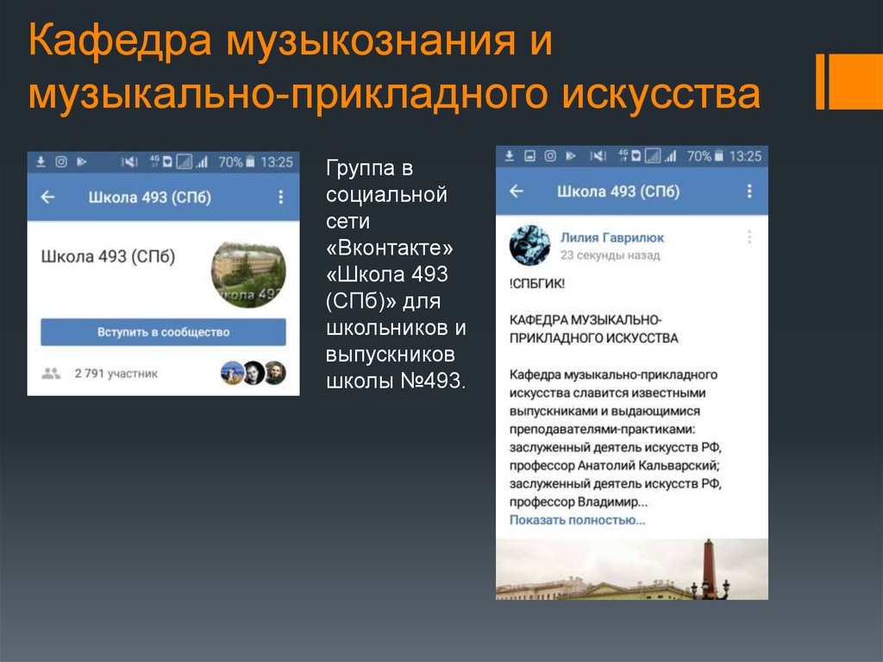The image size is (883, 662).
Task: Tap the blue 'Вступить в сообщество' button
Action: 163,332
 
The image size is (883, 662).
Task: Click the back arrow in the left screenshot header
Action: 47,198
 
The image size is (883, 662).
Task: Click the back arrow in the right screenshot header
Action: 517,192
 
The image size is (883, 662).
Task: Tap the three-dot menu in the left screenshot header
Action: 280,198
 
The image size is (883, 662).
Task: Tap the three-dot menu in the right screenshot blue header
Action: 748,192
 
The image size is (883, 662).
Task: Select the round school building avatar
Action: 248,274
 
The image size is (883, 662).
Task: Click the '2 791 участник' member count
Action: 116,374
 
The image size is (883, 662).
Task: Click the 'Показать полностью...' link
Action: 577,520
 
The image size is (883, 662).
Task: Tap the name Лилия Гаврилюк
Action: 612,237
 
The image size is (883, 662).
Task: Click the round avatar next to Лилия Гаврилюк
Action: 529,245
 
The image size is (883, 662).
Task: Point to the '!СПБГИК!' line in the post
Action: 537,282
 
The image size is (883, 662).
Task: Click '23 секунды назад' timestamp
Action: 610,255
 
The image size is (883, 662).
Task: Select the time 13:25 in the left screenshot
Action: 276,161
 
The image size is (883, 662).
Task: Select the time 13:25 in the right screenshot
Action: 745,156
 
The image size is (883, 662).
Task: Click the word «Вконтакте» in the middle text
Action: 389,249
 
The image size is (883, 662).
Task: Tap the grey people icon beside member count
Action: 51,374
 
